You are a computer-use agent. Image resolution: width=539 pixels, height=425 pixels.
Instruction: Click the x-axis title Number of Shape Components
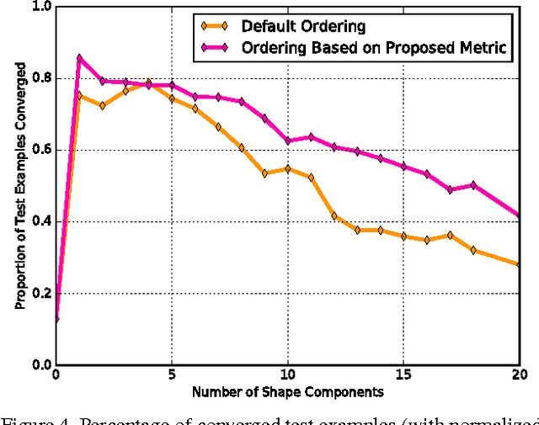click(287, 392)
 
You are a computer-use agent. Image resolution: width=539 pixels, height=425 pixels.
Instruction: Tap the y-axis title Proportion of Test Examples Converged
click(19, 186)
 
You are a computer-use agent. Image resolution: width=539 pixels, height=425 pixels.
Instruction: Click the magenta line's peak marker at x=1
click(79, 58)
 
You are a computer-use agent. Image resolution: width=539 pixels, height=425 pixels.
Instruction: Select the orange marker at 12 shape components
click(334, 216)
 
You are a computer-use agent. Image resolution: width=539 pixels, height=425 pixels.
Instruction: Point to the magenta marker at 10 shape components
click(287, 141)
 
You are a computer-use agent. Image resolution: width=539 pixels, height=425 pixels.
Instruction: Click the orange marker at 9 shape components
click(264, 173)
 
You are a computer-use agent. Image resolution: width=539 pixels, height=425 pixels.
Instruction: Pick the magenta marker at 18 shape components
click(472, 185)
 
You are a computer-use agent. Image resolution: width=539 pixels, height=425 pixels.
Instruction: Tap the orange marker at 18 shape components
click(472, 250)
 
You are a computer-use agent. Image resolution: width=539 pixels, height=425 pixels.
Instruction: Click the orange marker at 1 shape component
click(79, 95)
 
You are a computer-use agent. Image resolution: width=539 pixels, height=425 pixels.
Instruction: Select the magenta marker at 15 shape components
click(403, 167)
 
